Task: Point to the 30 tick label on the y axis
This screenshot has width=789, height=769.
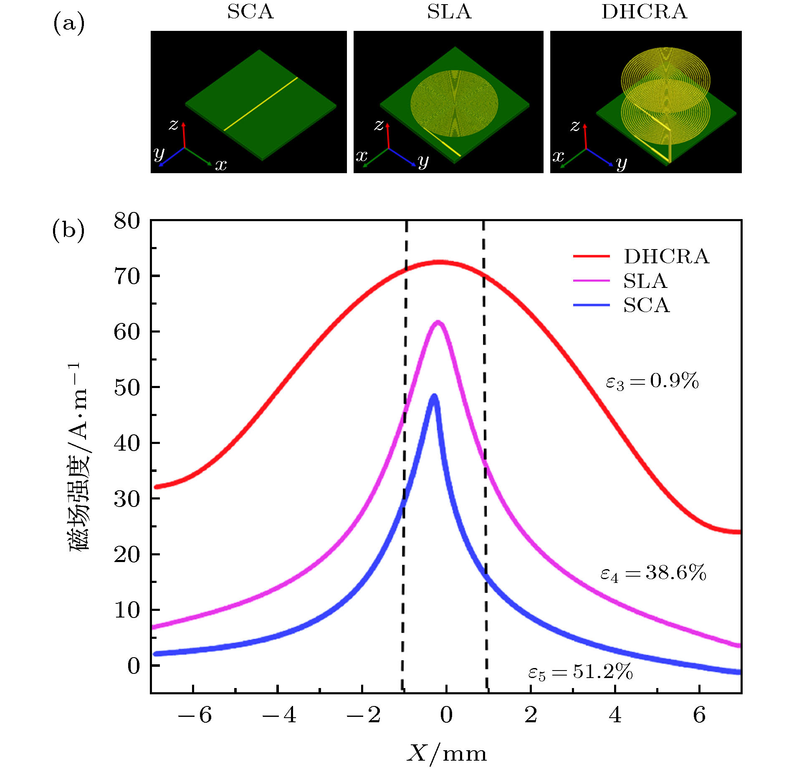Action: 127,499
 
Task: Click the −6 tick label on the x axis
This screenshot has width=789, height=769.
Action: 195,715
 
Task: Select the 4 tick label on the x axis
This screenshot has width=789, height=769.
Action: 615,715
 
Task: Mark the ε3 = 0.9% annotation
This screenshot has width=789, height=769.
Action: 652,381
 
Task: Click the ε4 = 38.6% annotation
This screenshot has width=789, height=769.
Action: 653,573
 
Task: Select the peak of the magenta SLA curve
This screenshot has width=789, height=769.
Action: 438,322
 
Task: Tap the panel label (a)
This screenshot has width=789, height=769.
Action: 69,23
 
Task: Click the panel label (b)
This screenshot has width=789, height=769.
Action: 68,230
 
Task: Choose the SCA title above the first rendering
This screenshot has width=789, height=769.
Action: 250,12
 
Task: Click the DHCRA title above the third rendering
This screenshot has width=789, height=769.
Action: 644,12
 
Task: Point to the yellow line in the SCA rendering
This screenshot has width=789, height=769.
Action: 261,104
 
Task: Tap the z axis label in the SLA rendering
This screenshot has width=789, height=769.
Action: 378,125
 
